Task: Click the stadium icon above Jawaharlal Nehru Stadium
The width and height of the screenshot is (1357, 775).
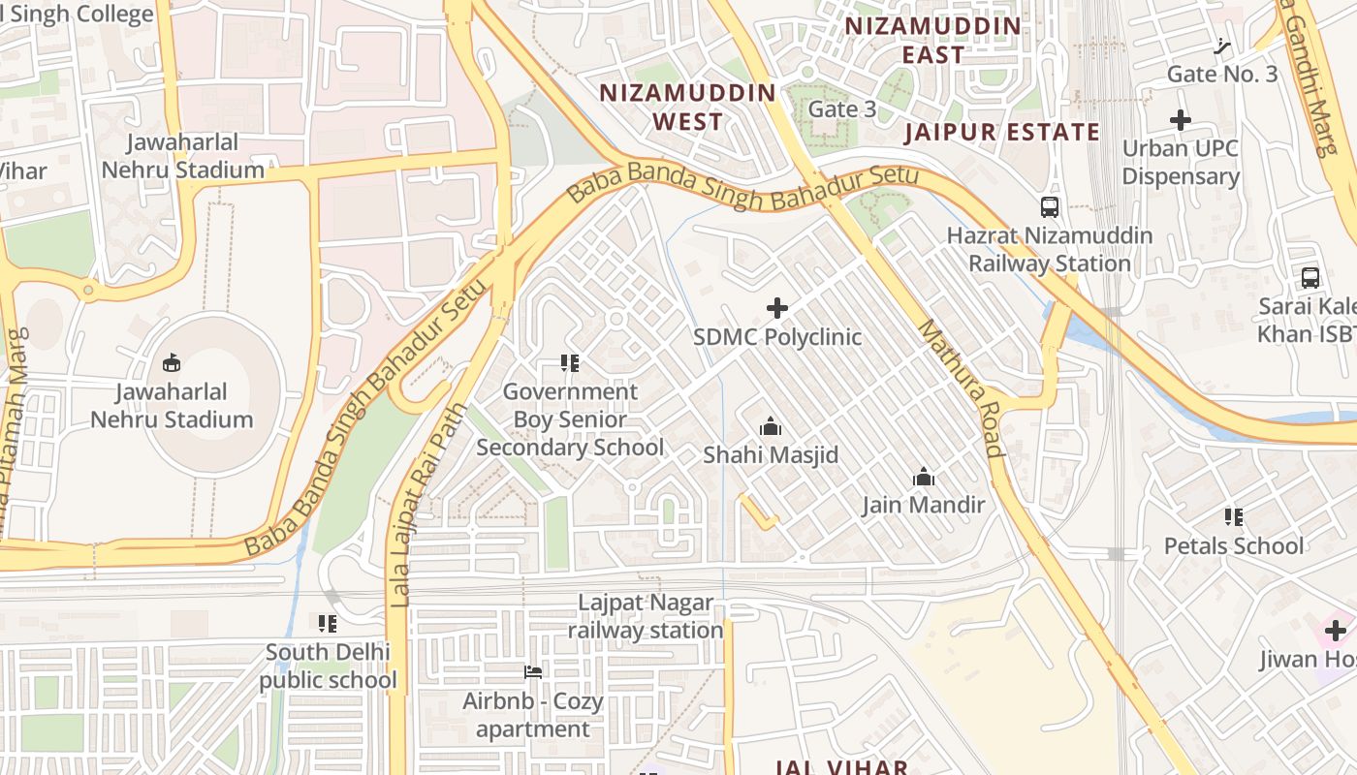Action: (x=172, y=362)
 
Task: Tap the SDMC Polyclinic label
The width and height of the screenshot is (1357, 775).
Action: (x=776, y=337)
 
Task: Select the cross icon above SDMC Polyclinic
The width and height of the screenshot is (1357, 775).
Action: (x=776, y=308)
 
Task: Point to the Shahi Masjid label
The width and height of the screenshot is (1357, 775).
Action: (x=771, y=454)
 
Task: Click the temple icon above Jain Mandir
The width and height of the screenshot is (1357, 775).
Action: (x=924, y=477)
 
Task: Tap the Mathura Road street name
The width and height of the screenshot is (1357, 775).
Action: (x=957, y=387)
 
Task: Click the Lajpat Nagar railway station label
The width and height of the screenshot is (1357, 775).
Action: (x=646, y=616)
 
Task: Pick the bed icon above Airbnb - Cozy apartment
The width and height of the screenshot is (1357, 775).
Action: (x=532, y=671)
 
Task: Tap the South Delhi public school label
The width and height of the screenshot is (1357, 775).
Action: (x=328, y=666)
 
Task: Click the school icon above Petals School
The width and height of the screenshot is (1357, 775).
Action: (x=1233, y=516)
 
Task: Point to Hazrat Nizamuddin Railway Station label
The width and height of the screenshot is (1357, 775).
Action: (x=1050, y=249)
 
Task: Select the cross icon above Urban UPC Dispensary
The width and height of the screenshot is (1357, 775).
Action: (x=1180, y=120)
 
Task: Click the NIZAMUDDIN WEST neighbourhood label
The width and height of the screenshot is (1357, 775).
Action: (x=687, y=107)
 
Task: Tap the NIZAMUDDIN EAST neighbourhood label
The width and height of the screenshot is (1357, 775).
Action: (x=933, y=40)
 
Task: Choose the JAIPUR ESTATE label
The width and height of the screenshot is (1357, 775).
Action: (x=1002, y=132)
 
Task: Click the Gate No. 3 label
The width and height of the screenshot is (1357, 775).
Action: (x=1221, y=74)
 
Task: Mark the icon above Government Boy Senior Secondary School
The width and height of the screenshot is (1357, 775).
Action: (x=570, y=363)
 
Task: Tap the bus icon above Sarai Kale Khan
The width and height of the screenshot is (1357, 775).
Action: (x=1310, y=277)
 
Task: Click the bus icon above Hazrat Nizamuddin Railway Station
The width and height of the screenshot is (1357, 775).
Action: (x=1050, y=206)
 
